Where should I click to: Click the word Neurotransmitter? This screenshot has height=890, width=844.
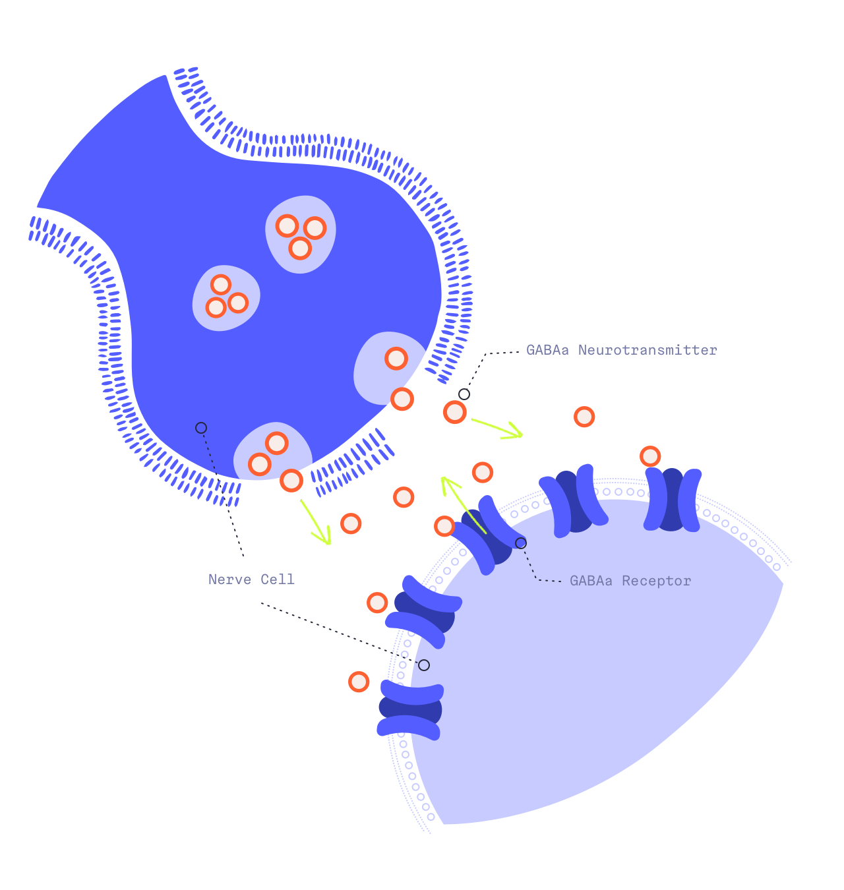[x=648, y=350]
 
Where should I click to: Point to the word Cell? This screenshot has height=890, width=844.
[x=278, y=579]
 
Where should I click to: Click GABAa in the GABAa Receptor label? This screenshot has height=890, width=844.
[x=591, y=581]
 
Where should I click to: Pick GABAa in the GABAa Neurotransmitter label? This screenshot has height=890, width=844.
[x=547, y=350]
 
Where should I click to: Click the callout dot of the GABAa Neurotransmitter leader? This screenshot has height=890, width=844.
[x=464, y=394]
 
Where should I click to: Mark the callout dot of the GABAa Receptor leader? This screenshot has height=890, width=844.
[x=521, y=543]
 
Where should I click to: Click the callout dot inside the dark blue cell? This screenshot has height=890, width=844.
[x=201, y=428]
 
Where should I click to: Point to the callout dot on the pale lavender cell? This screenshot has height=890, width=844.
[x=424, y=665]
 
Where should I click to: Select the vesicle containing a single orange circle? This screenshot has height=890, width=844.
[x=386, y=366]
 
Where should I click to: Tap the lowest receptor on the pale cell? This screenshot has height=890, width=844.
[x=410, y=709]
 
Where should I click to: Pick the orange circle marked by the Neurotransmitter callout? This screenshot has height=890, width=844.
[x=455, y=412]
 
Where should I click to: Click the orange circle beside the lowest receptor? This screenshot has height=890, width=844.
[x=359, y=682]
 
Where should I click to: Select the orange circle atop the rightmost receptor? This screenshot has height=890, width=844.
[x=650, y=456]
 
